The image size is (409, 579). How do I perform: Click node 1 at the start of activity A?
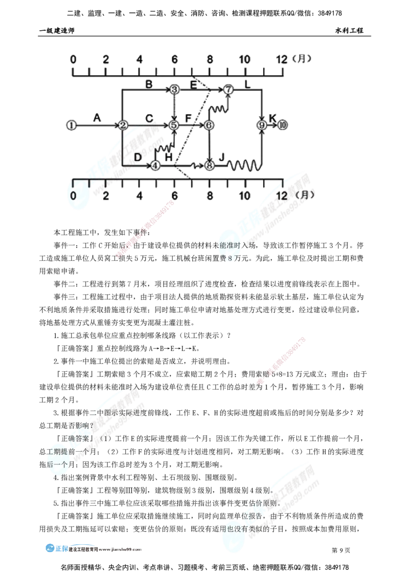(x=72, y=125)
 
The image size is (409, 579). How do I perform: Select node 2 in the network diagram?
(x=123, y=125)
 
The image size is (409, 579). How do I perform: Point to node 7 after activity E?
(x=229, y=90)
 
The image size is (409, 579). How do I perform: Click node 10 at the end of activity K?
(x=284, y=125)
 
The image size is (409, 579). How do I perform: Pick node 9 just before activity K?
(x=262, y=125)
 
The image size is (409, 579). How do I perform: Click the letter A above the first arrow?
(x=97, y=118)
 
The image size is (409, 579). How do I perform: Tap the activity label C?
(x=149, y=119)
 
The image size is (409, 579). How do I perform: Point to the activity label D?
(x=138, y=157)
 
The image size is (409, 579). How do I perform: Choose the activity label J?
(x=221, y=157)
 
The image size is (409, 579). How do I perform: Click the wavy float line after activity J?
(x=244, y=165)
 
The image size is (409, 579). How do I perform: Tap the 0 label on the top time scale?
(x=73, y=59)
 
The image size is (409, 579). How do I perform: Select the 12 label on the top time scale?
(x=281, y=59)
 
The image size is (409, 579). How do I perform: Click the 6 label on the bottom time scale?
(x=175, y=196)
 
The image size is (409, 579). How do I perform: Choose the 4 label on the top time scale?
(x=139, y=59)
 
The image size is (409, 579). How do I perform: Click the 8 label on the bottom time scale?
(x=209, y=196)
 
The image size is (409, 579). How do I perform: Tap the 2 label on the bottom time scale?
(x=106, y=196)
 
